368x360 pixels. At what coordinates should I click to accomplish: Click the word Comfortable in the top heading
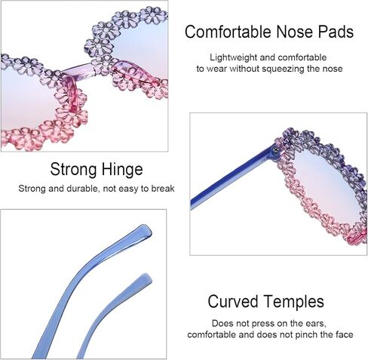pos(228,32)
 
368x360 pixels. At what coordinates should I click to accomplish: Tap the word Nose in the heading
pos(294,32)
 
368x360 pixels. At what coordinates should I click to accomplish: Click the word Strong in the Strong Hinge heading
pos(74,169)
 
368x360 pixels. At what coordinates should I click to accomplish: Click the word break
pos(163,189)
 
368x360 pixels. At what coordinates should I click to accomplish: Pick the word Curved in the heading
pos(233,301)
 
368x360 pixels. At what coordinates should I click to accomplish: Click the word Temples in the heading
pos(294,302)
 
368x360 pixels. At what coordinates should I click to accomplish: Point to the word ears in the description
pos(317,324)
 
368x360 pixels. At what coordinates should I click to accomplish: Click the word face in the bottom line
pos(345,335)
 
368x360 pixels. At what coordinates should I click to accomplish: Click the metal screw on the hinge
pos(276,150)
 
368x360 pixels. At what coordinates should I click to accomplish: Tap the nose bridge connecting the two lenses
pos(78,70)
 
